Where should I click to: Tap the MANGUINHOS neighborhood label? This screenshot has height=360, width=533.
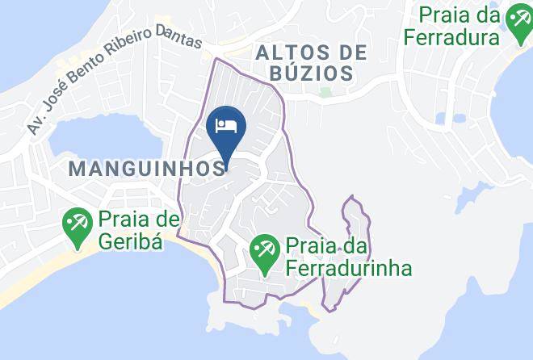pos(145,168)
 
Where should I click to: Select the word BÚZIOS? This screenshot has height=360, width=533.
pos(313,73)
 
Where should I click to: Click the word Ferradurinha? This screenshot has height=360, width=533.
pos(346,268)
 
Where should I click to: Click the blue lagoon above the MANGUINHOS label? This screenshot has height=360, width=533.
pos(105,137)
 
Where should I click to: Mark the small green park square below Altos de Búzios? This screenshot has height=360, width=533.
pos(325,92)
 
